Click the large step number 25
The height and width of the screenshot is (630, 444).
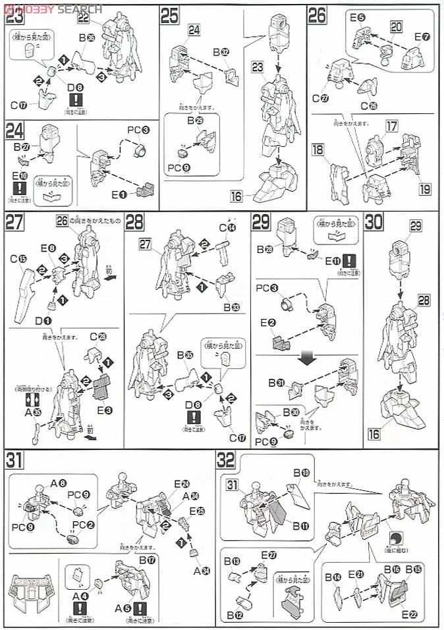click(170, 16)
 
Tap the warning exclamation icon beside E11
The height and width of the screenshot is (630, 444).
click(349, 259)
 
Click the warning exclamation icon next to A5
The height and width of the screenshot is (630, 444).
click(140, 608)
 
